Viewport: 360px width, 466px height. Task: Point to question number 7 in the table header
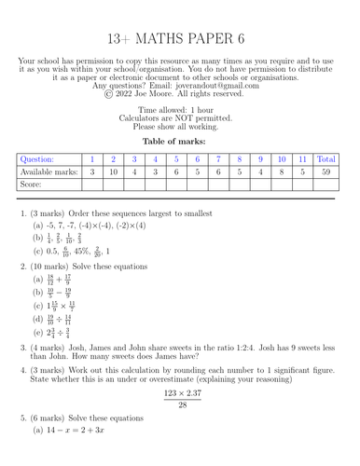pos(216,159)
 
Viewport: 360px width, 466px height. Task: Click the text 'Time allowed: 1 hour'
pos(179,110)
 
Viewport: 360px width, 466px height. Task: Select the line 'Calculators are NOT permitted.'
pos(179,119)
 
